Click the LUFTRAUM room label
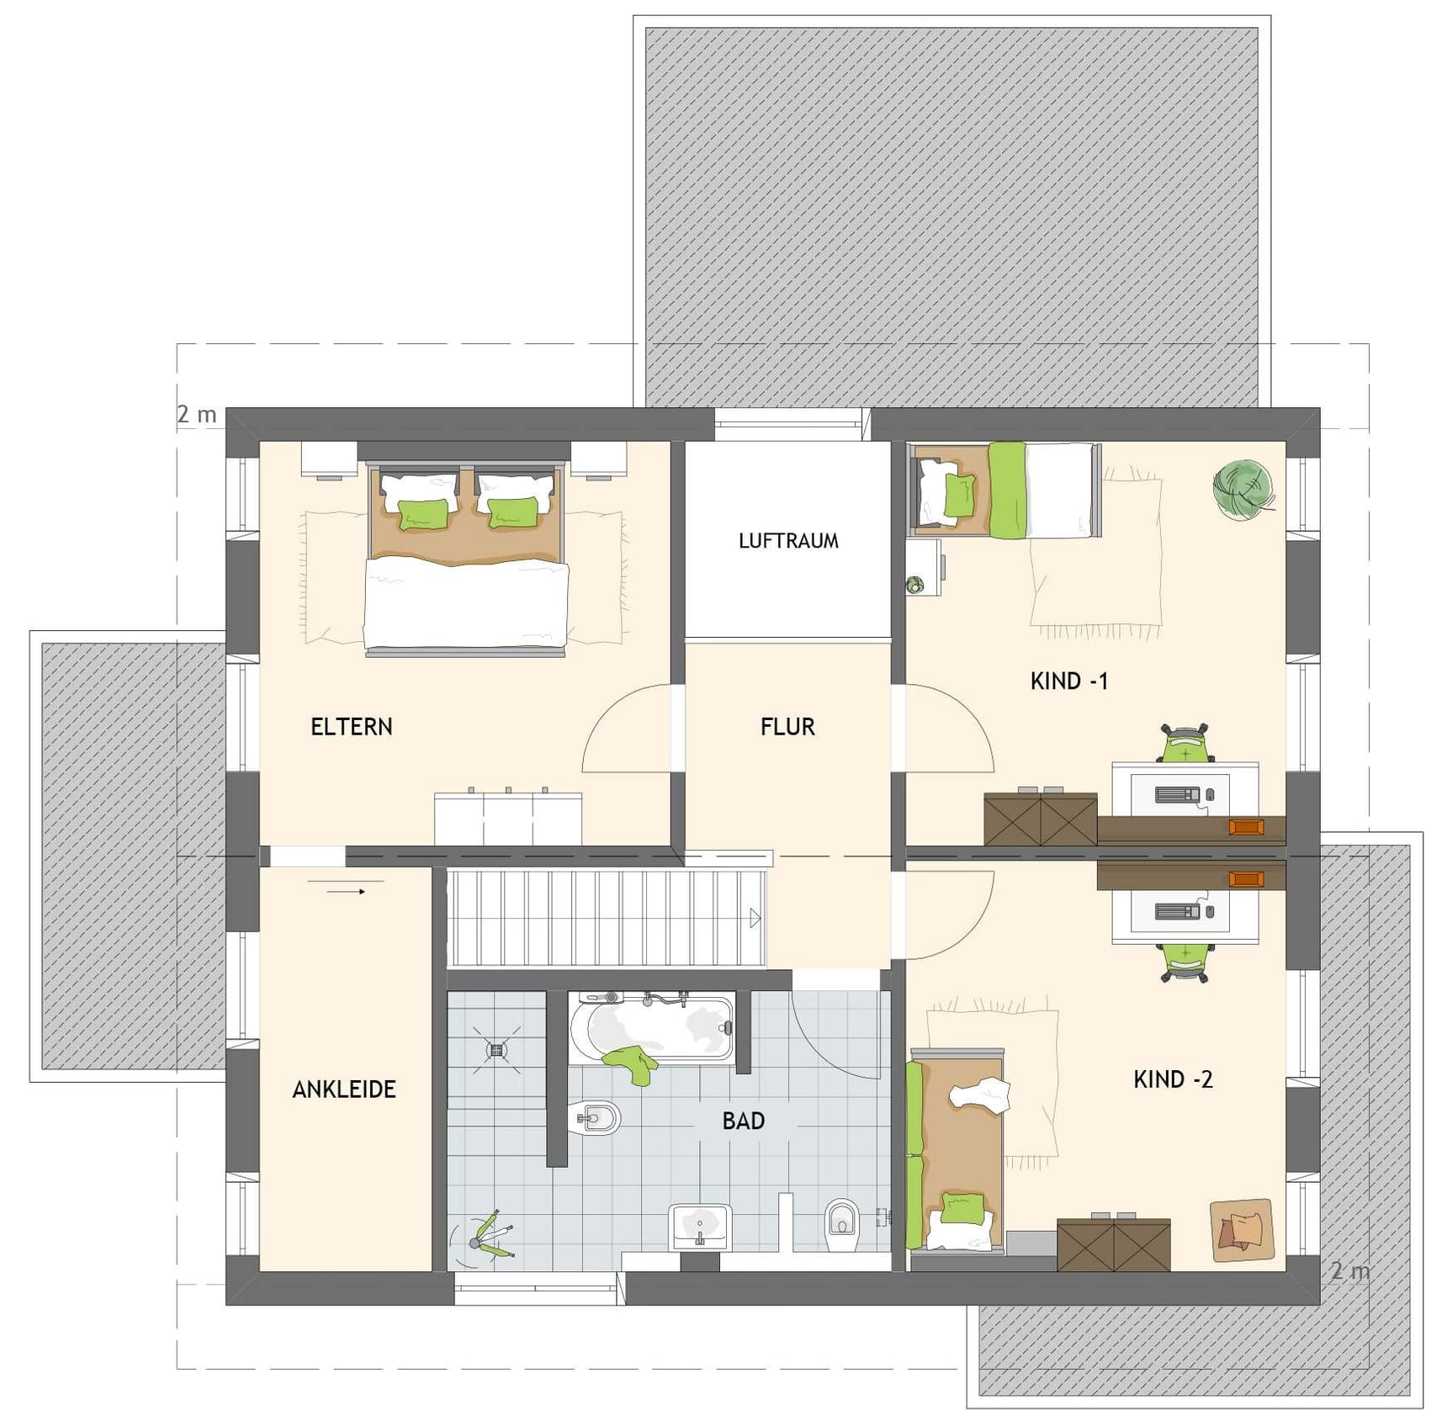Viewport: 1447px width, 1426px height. click(788, 541)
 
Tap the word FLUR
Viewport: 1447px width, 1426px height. click(787, 727)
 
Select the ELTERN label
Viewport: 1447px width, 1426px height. click(352, 727)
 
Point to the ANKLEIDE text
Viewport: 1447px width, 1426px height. click(344, 1089)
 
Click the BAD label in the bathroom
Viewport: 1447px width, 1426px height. click(744, 1121)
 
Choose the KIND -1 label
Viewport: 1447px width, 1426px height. click(1069, 681)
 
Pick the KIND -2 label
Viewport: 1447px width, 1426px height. click(1173, 1079)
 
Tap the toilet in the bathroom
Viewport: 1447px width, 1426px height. click(840, 1225)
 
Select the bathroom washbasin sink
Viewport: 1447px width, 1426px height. click(700, 1227)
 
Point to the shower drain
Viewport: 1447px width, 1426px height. click(496, 1049)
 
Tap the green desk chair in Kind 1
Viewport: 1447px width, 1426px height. click(1185, 743)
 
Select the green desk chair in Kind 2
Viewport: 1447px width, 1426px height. click(1186, 962)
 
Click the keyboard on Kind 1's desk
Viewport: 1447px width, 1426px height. click(1177, 794)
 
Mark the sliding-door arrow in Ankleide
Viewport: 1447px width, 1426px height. click(345, 892)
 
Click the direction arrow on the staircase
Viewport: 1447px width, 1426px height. click(755, 919)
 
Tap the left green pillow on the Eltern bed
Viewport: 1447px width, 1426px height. click(422, 514)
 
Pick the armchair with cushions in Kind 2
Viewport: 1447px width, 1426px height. click(1242, 1230)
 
